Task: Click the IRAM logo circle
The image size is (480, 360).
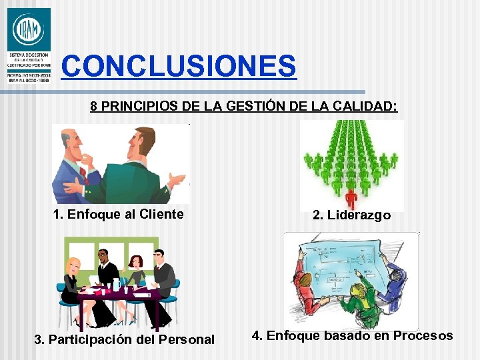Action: point(28,30)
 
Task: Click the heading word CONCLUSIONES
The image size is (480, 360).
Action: point(178,66)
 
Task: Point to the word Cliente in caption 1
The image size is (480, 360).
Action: point(159,214)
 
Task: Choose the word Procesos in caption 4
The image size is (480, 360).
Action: point(422,335)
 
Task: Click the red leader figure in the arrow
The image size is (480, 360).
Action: point(351,198)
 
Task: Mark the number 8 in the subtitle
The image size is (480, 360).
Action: point(94,106)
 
